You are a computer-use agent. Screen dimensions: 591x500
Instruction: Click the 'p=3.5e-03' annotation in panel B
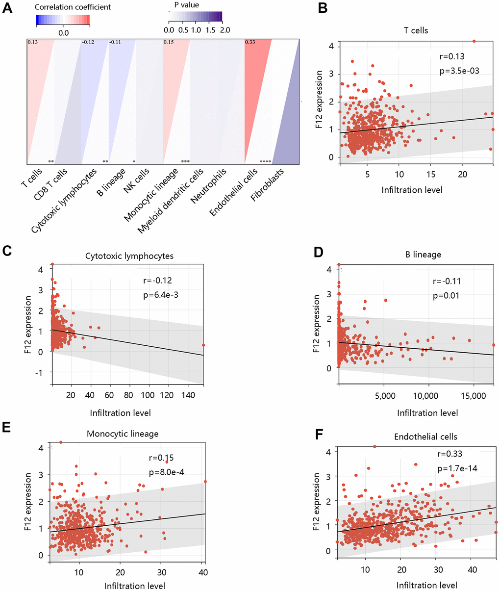click(459, 71)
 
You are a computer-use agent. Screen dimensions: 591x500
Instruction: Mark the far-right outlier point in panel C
click(203, 345)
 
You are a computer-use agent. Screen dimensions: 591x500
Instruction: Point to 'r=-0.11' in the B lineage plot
click(447, 282)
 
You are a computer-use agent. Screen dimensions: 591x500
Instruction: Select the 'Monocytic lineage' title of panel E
click(123, 434)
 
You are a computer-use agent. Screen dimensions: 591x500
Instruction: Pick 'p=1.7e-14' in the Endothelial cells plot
click(457, 469)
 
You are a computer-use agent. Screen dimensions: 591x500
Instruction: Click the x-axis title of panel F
click(427, 585)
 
